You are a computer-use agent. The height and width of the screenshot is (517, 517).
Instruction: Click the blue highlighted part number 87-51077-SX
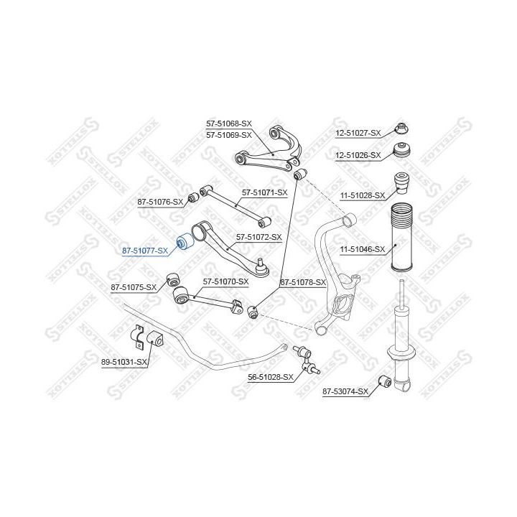tap(145, 251)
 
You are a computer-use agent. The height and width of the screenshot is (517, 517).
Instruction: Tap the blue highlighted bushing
tap(185, 242)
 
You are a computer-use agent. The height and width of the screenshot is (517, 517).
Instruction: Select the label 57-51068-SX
tap(229, 124)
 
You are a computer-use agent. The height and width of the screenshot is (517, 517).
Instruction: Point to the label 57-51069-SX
tap(229, 135)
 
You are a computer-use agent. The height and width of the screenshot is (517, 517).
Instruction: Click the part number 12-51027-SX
tap(358, 134)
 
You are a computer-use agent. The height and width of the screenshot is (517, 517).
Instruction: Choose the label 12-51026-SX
tap(358, 155)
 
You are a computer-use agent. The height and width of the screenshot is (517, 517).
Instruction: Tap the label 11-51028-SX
tap(363, 195)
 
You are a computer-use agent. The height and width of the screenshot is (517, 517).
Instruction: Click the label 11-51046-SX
tap(363, 249)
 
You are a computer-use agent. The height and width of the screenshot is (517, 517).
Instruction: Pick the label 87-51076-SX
tap(160, 202)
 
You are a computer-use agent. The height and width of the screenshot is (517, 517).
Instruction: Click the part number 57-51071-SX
tap(265, 192)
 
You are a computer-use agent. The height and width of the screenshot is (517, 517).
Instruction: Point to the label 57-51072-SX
tap(258, 237)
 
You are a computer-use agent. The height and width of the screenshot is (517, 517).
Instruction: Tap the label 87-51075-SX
tap(134, 287)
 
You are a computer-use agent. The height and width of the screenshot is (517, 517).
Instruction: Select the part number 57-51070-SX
tap(226, 282)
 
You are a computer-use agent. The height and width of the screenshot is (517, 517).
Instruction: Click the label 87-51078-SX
tap(303, 283)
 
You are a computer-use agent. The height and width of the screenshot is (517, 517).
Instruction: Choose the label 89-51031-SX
tap(124, 362)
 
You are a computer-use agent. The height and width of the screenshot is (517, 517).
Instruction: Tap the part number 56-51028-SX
tap(271, 377)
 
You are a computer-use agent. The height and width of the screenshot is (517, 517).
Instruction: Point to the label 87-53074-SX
tap(345, 392)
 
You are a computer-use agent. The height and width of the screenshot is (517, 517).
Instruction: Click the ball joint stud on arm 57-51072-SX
tap(261, 263)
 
